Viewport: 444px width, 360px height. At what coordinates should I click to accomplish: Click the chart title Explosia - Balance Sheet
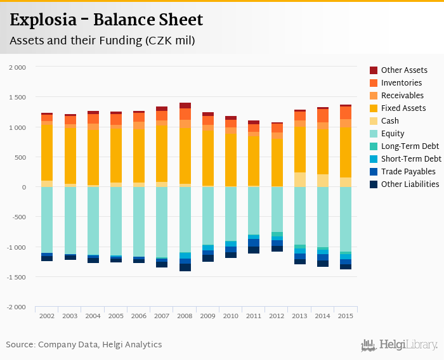tap(107, 20)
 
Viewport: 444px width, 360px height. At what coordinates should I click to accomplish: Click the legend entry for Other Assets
tap(404, 70)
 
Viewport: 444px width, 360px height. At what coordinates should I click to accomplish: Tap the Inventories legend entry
tap(401, 83)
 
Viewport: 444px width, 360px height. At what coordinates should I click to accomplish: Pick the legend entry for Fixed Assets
tap(403, 108)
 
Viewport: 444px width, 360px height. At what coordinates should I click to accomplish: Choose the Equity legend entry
tap(393, 134)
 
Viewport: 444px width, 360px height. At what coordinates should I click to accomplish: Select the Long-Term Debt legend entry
tap(410, 146)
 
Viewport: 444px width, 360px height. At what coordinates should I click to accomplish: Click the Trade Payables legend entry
tap(408, 172)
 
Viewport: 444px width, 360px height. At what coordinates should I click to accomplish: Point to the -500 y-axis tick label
tap(18, 217)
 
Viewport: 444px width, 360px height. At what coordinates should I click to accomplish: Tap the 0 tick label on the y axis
tap(24, 188)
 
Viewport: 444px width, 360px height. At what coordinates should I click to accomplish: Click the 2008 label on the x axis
tap(185, 316)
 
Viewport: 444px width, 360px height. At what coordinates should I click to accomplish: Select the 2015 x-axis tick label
tap(346, 316)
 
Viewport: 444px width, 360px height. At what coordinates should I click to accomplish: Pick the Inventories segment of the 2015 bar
tap(346, 113)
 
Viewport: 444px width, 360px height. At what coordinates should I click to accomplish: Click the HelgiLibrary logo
tap(400, 345)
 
